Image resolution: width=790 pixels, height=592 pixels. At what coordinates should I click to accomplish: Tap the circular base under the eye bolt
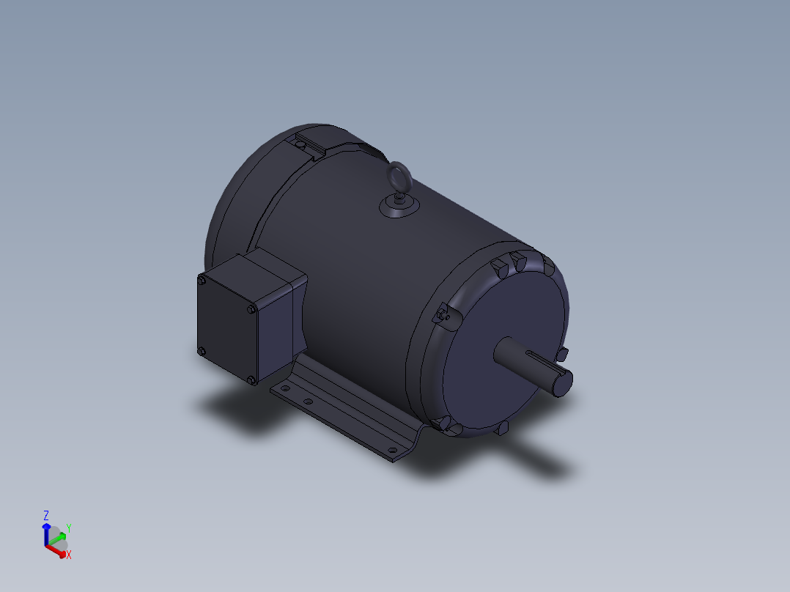click(399, 207)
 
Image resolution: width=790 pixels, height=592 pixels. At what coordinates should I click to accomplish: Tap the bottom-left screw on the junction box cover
click(202, 352)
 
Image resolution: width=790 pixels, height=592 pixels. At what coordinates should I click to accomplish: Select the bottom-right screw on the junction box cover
click(251, 380)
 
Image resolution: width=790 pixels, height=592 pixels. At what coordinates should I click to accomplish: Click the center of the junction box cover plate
click(226, 330)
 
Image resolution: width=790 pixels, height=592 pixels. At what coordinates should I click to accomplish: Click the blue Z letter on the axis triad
click(46, 515)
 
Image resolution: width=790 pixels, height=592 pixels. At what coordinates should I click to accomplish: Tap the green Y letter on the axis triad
click(68, 528)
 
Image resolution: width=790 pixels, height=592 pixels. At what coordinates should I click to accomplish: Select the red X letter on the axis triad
click(69, 555)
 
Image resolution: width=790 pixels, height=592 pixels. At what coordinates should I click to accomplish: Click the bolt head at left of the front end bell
click(442, 315)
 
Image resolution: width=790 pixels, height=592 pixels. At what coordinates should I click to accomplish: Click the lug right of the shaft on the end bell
click(562, 355)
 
